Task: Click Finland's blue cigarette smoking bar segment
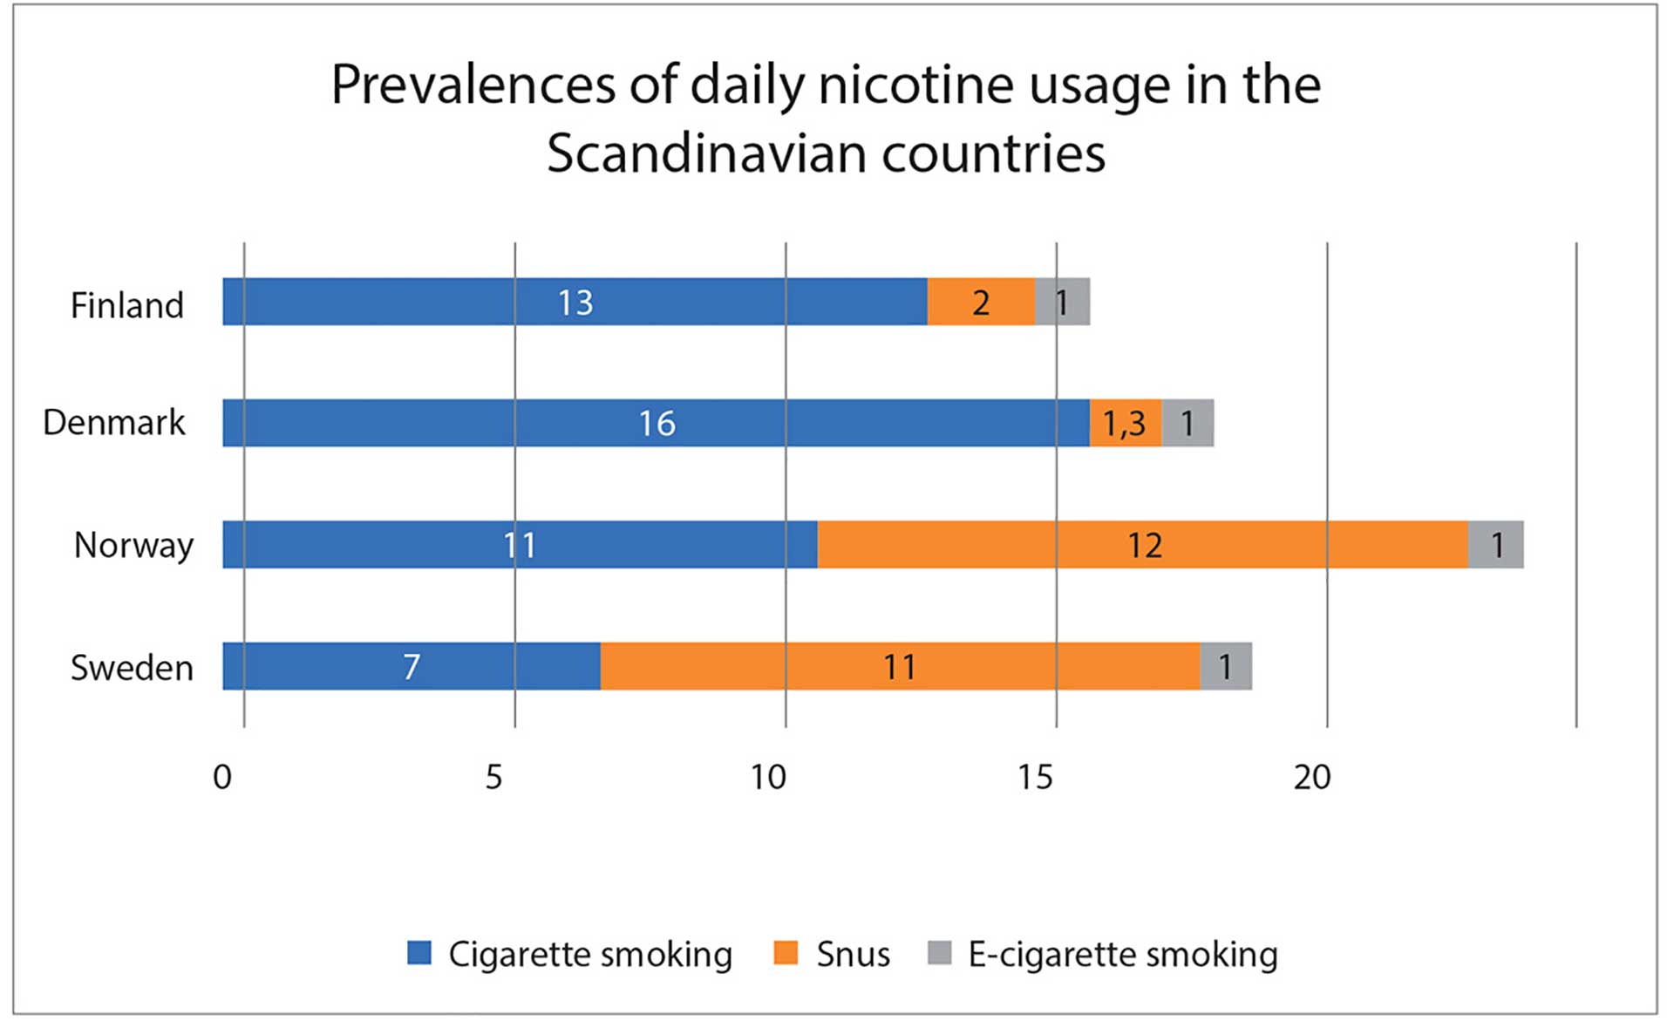pyautogui.click(x=575, y=302)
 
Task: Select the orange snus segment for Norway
pyautogui.click(x=1142, y=545)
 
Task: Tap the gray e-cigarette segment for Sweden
pyautogui.click(x=1226, y=666)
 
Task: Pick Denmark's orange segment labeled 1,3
pyautogui.click(x=1125, y=423)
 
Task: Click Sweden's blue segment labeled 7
pyautogui.click(x=412, y=666)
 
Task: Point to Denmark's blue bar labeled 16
pyautogui.click(x=656, y=423)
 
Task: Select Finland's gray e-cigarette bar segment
pyautogui.click(x=1062, y=302)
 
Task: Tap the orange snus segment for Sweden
pyautogui.click(x=900, y=666)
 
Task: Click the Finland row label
pyautogui.click(x=127, y=305)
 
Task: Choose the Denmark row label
pyautogui.click(x=114, y=422)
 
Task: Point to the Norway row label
pyautogui.click(x=133, y=545)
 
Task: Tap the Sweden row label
pyautogui.click(x=132, y=668)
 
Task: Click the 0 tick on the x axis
pyautogui.click(x=222, y=777)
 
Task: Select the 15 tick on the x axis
pyautogui.click(x=1035, y=777)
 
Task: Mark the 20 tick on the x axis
pyautogui.click(x=1311, y=777)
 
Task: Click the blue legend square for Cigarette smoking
pyautogui.click(x=419, y=953)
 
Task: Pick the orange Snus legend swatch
pyautogui.click(x=786, y=953)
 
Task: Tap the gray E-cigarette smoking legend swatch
pyautogui.click(x=939, y=953)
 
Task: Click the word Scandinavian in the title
pyautogui.click(x=707, y=153)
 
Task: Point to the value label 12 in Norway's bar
pyautogui.click(x=1144, y=546)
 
